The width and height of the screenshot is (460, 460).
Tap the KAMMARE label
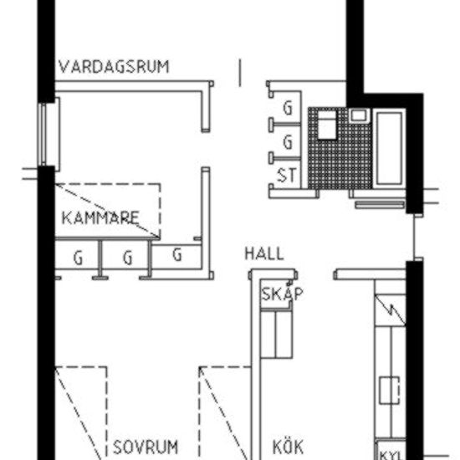coord(100,219)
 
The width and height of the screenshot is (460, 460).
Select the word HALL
coord(263,254)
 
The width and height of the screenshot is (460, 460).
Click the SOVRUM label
coord(146,446)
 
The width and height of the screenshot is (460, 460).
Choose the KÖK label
coord(288,446)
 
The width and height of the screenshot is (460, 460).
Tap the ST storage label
coord(286,175)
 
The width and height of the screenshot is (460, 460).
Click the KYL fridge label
coord(391,454)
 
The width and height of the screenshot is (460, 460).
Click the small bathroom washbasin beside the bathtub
coord(359,114)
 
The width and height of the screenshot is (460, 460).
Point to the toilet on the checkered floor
coord(325,125)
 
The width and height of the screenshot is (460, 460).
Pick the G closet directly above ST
coord(289,141)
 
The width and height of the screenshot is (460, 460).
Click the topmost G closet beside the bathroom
coord(289,108)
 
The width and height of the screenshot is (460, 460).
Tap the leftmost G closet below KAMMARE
coord(77,258)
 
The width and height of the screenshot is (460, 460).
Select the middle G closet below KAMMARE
coord(127,258)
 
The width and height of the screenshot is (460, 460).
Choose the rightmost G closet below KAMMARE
coord(176,255)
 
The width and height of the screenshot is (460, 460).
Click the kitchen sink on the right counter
coord(389,390)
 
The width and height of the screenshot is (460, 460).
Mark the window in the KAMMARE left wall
coord(44,134)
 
